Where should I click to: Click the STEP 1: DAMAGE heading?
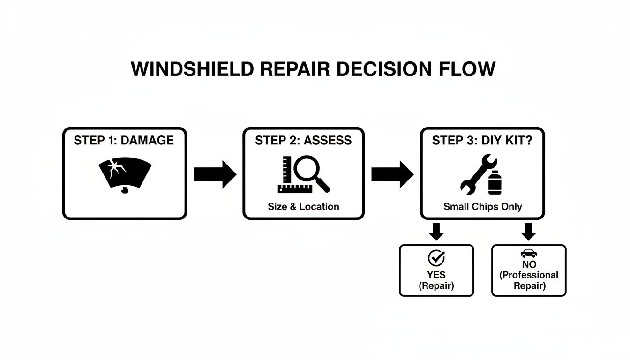(124, 141)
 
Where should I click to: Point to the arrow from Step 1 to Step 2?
(215, 174)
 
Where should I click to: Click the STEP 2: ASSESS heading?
(303, 141)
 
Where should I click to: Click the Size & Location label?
(303, 206)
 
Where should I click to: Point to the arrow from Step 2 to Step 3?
(392, 174)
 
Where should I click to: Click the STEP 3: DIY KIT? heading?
(482, 141)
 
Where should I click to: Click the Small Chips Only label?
(482, 206)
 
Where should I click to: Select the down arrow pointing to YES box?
(436, 231)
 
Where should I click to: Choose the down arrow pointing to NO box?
(529, 231)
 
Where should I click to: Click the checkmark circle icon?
(436, 258)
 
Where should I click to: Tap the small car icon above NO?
(529, 254)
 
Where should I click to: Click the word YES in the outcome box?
(436, 275)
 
